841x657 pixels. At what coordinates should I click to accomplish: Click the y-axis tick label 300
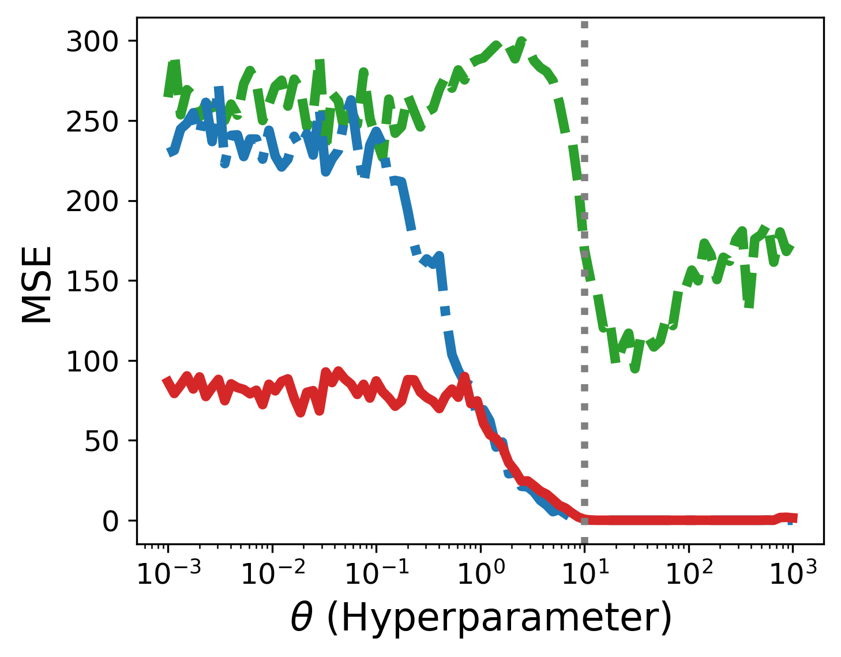tap(92, 42)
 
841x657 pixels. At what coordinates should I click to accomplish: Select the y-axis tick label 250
tap(92, 122)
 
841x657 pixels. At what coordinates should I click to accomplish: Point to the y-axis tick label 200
tap(92, 201)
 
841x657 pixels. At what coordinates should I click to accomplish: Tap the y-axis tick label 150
tap(92, 281)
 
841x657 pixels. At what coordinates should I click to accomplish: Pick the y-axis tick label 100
tap(92, 362)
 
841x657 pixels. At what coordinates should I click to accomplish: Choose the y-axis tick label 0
tap(110, 521)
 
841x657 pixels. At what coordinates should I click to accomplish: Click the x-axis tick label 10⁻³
tap(169, 572)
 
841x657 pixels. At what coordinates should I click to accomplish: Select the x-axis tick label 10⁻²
tap(273, 572)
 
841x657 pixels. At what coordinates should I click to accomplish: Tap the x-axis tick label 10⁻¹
tap(377, 572)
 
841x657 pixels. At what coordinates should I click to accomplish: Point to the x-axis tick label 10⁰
tap(481, 572)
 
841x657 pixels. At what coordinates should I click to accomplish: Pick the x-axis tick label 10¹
tap(585, 572)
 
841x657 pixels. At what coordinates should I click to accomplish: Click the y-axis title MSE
tap(36, 284)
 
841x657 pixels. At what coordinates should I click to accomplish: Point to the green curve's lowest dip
tap(634, 367)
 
